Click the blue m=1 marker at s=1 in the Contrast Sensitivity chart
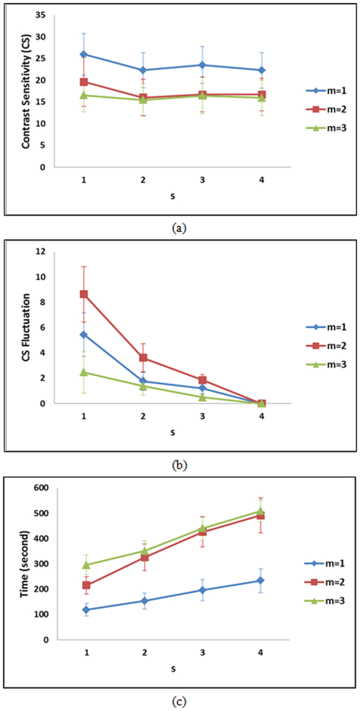(84, 54)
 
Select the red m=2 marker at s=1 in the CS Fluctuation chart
(84, 294)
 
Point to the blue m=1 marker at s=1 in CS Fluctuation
(84, 335)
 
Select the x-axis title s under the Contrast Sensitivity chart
(172, 196)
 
